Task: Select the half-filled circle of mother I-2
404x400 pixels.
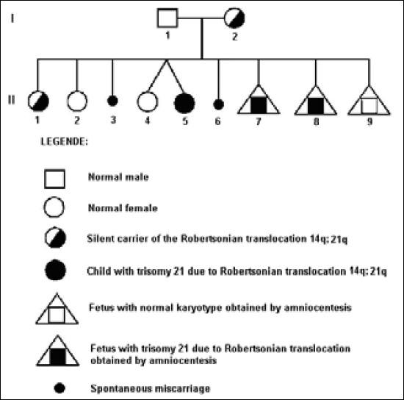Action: point(236,18)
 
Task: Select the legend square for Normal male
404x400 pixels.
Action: point(56,179)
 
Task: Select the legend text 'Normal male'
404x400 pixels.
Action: point(111,178)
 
